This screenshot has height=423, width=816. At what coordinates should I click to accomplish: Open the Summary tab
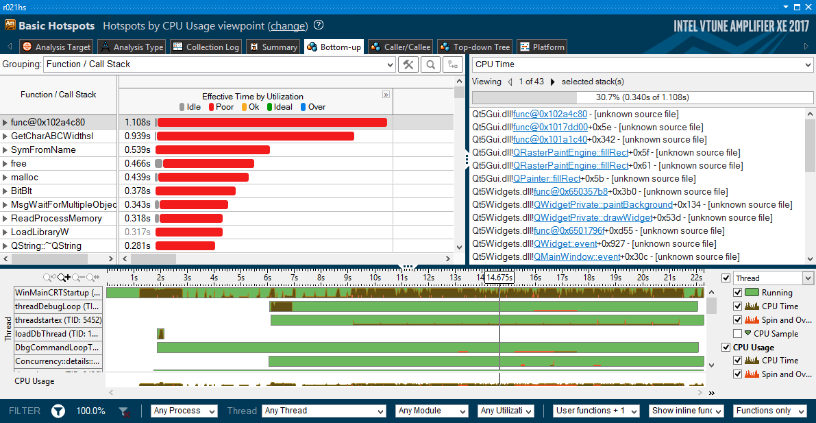pyautogui.click(x=273, y=47)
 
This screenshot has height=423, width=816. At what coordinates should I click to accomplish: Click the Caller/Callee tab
pyautogui.click(x=400, y=47)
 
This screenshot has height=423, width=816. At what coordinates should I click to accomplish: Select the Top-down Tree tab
pyautogui.click(x=474, y=47)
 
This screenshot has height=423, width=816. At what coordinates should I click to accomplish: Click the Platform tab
pyautogui.click(x=542, y=47)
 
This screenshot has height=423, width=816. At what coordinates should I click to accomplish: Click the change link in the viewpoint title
pyautogui.click(x=288, y=26)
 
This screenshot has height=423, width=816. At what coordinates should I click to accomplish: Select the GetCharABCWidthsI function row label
pyautogui.click(x=52, y=136)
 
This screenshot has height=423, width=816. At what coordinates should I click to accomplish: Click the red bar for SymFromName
pyautogui.click(x=212, y=149)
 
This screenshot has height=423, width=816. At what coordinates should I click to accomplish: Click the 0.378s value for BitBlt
pyautogui.click(x=137, y=191)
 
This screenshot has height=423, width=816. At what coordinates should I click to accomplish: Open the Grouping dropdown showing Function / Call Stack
pyautogui.click(x=219, y=64)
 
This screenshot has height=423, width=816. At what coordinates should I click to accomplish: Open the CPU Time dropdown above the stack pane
pyautogui.click(x=642, y=64)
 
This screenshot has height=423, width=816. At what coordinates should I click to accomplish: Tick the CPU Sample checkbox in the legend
pyautogui.click(x=737, y=333)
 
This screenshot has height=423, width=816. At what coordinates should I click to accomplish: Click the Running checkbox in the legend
pyautogui.click(x=737, y=293)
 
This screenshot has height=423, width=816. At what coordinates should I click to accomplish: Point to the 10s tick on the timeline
pyautogui.click(x=375, y=278)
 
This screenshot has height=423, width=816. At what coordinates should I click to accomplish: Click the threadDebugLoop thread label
pyautogui.click(x=58, y=306)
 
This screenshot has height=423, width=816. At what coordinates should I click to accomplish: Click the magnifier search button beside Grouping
pyautogui.click(x=430, y=64)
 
